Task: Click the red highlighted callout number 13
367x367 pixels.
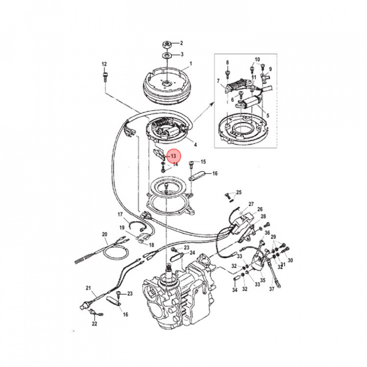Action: [173, 155]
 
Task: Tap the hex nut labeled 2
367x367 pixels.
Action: [167, 44]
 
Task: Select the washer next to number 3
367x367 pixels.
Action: [167, 54]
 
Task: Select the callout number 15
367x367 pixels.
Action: [203, 162]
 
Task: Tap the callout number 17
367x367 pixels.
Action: [120, 214]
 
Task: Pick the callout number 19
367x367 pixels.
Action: [122, 227]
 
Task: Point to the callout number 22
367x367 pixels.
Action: [94, 324]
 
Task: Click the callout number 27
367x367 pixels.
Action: [251, 204]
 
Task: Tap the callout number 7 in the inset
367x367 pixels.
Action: [218, 81]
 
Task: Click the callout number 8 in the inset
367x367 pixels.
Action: [227, 63]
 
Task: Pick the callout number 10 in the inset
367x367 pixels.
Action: [257, 60]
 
